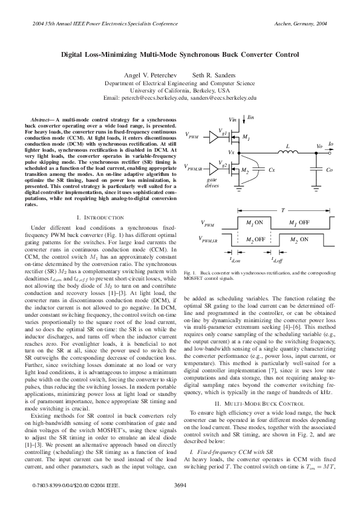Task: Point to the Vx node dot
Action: point(243,152)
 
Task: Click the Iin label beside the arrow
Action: point(252,120)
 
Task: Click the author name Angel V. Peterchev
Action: point(149,74)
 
